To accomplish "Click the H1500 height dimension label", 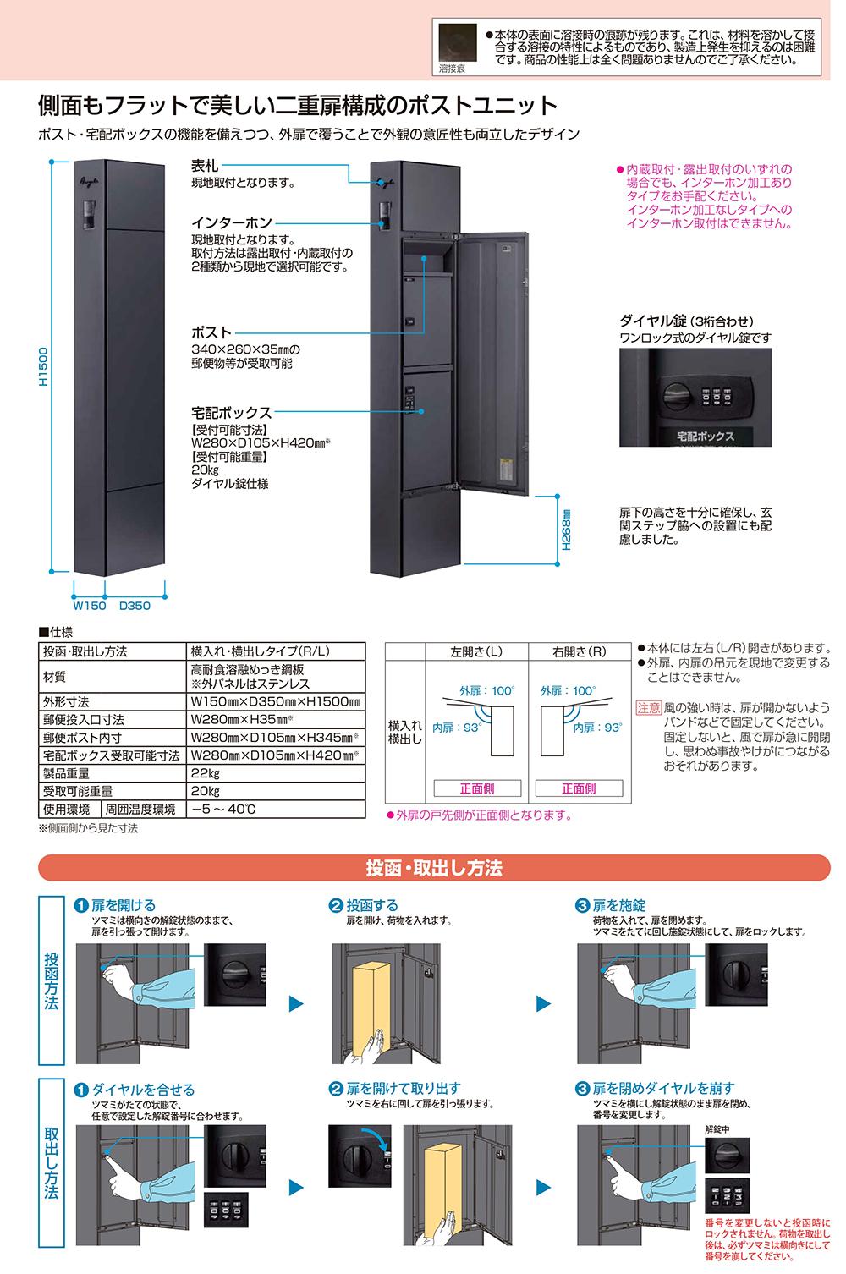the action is click(x=43, y=367).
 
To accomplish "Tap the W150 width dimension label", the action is click(x=90, y=606).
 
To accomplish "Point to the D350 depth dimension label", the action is click(x=135, y=606).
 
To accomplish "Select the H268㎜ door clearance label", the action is click(x=566, y=530).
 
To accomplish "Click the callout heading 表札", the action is click(x=205, y=166).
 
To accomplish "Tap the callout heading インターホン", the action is click(x=232, y=223).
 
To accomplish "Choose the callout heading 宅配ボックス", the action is click(x=232, y=412).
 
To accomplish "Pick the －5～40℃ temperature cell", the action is click(x=223, y=809).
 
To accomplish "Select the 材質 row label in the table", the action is click(x=55, y=676).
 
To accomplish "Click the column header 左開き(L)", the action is click(x=476, y=651).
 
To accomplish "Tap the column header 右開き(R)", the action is click(x=580, y=651).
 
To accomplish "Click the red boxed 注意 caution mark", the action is click(x=648, y=708).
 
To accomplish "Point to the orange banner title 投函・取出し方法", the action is click(x=434, y=869).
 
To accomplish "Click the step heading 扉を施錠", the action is click(x=618, y=905).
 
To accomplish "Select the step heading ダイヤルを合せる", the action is click(x=143, y=1090).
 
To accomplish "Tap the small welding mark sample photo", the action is click(x=457, y=44).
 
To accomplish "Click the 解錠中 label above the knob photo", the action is click(x=717, y=1129).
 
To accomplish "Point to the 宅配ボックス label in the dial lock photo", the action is click(x=706, y=437).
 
